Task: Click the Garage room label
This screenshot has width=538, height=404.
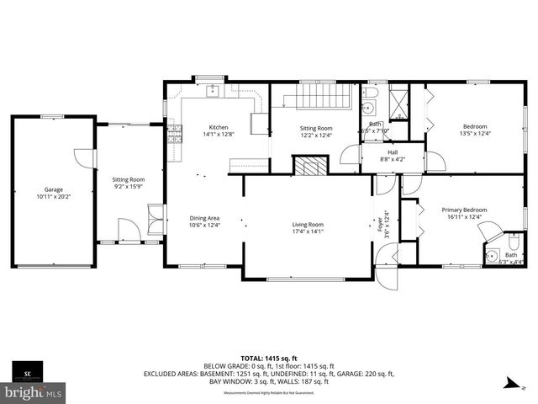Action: tap(54, 189)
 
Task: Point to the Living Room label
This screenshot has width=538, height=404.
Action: tap(308, 225)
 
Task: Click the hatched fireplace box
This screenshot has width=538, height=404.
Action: tap(309, 166)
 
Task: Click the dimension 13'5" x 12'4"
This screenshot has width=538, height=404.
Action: tap(474, 133)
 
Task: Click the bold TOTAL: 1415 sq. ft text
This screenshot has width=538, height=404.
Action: tap(269, 358)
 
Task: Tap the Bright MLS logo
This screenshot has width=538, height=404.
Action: tap(34, 392)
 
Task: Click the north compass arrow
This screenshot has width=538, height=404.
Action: tap(507, 384)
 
